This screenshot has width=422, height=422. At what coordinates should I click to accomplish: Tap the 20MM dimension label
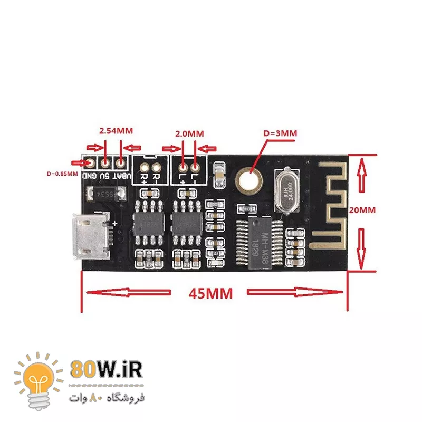tap(362, 209)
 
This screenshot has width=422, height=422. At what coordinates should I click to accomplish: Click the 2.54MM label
tap(116, 130)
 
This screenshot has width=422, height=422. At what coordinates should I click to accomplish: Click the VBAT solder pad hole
tap(122, 164)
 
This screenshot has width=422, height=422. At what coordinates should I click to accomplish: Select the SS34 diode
tap(105, 194)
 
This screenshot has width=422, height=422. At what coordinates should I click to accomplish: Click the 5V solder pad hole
tap(106, 164)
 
